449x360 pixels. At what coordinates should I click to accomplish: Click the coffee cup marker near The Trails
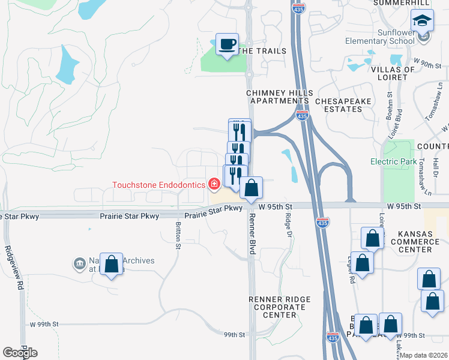(x=227, y=44)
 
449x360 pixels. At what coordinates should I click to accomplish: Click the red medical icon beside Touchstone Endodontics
(x=213, y=184)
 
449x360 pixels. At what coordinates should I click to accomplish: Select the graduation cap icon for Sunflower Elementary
(x=423, y=21)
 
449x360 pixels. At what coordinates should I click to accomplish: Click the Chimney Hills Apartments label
(x=280, y=97)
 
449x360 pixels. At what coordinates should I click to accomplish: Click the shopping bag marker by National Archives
(x=112, y=264)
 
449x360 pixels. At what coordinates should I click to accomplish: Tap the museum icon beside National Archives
(x=79, y=264)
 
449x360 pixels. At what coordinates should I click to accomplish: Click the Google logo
(x=20, y=353)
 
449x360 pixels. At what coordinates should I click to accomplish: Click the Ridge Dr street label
(x=289, y=225)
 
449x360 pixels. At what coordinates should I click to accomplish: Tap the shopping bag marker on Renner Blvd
(x=252, y=188)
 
